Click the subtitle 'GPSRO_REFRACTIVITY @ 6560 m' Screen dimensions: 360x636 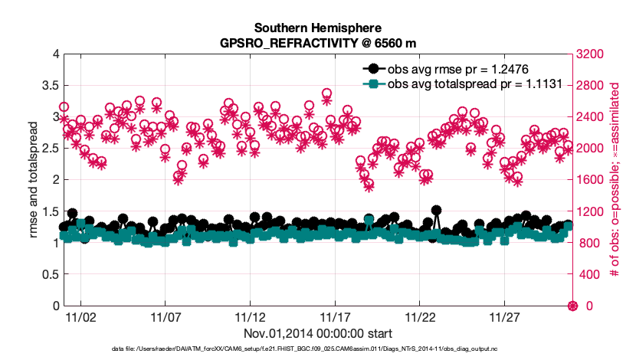coord(318,44)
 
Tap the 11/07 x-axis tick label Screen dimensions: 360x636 coord(166,317)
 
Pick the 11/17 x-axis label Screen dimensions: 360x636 coord(336,317)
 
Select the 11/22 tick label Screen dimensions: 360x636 coord(420,317)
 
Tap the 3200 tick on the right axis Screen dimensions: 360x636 coord(590,54)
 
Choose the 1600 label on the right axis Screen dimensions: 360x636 coord(590,180)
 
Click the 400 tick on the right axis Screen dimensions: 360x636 coord(587,274)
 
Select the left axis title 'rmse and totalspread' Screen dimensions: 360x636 coord(33,180)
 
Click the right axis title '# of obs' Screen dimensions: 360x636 coord(615,180)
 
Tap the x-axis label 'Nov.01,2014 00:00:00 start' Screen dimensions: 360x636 coord(318,333)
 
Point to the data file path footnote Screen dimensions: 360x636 coord(318,349)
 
